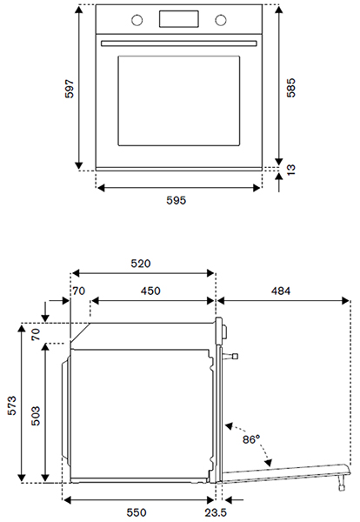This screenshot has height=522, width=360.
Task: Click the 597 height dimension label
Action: pos(70,89)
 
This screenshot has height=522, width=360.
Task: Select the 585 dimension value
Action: pos(290,88)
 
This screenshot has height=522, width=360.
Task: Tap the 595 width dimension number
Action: pos(177,200)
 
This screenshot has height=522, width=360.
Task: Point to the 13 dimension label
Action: pos(290,170)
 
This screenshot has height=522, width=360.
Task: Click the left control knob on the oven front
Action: pos(137,20)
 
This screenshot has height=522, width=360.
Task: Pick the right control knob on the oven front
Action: pos(221,20)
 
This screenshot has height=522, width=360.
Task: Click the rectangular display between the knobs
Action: pos(178,19)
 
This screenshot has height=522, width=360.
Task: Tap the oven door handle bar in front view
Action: pos(179,43)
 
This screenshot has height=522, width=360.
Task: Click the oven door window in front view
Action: pos(179,101)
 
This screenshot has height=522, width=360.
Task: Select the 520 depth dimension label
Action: pos(141,264)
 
